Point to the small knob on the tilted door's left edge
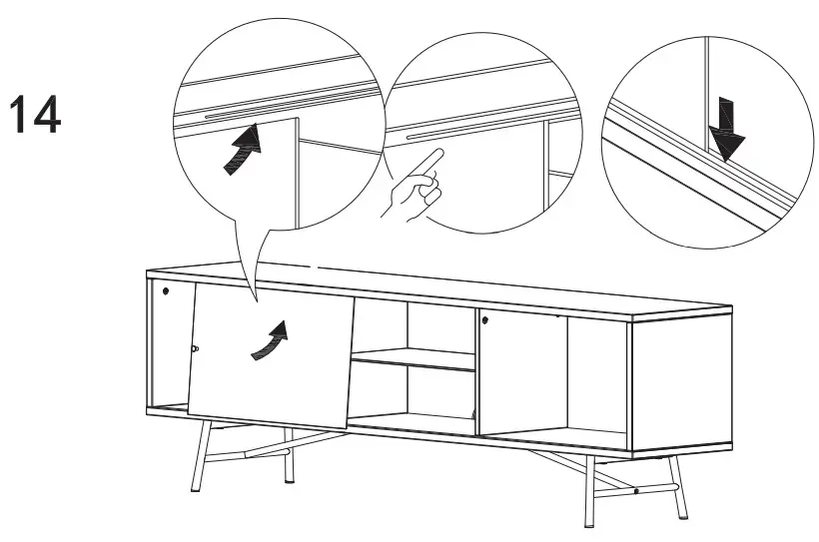(x=195, y=348)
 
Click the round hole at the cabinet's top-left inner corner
(x=167, y=291)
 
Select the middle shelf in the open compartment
(x=411, y=359)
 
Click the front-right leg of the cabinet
(x=588, y=489)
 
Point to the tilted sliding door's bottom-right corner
(x=347, y=429)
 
